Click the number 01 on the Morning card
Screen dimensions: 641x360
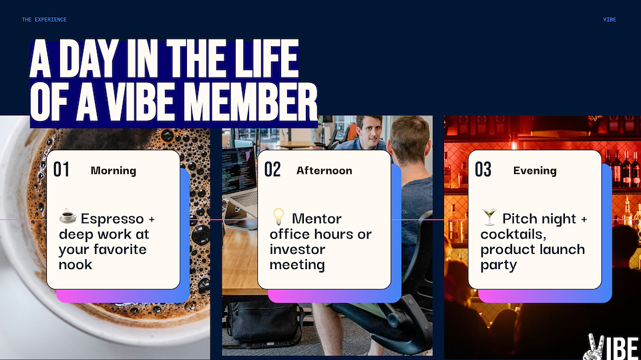tap(61, 170)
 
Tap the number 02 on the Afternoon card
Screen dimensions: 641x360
tap(272, 170)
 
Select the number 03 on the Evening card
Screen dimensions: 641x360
tap(483, 170)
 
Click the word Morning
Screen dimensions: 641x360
tap(114, 170)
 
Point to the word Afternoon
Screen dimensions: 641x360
tap(325, 170)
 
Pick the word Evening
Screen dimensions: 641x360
tap(535, 170)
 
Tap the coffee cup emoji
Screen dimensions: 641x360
tap(68, 216)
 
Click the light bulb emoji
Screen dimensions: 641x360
tap(278, 216)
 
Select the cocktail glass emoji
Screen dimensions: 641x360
tap(489, 217)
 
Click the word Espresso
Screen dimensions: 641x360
tap(112, 219)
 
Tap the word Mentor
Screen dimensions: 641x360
tap(316, 219)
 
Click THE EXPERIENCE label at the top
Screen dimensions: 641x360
tap(44, 19)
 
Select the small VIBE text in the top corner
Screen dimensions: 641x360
tap(610, 19)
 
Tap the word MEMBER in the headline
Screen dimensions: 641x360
tap(250, 102)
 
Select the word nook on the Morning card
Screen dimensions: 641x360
tap(75, 264)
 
